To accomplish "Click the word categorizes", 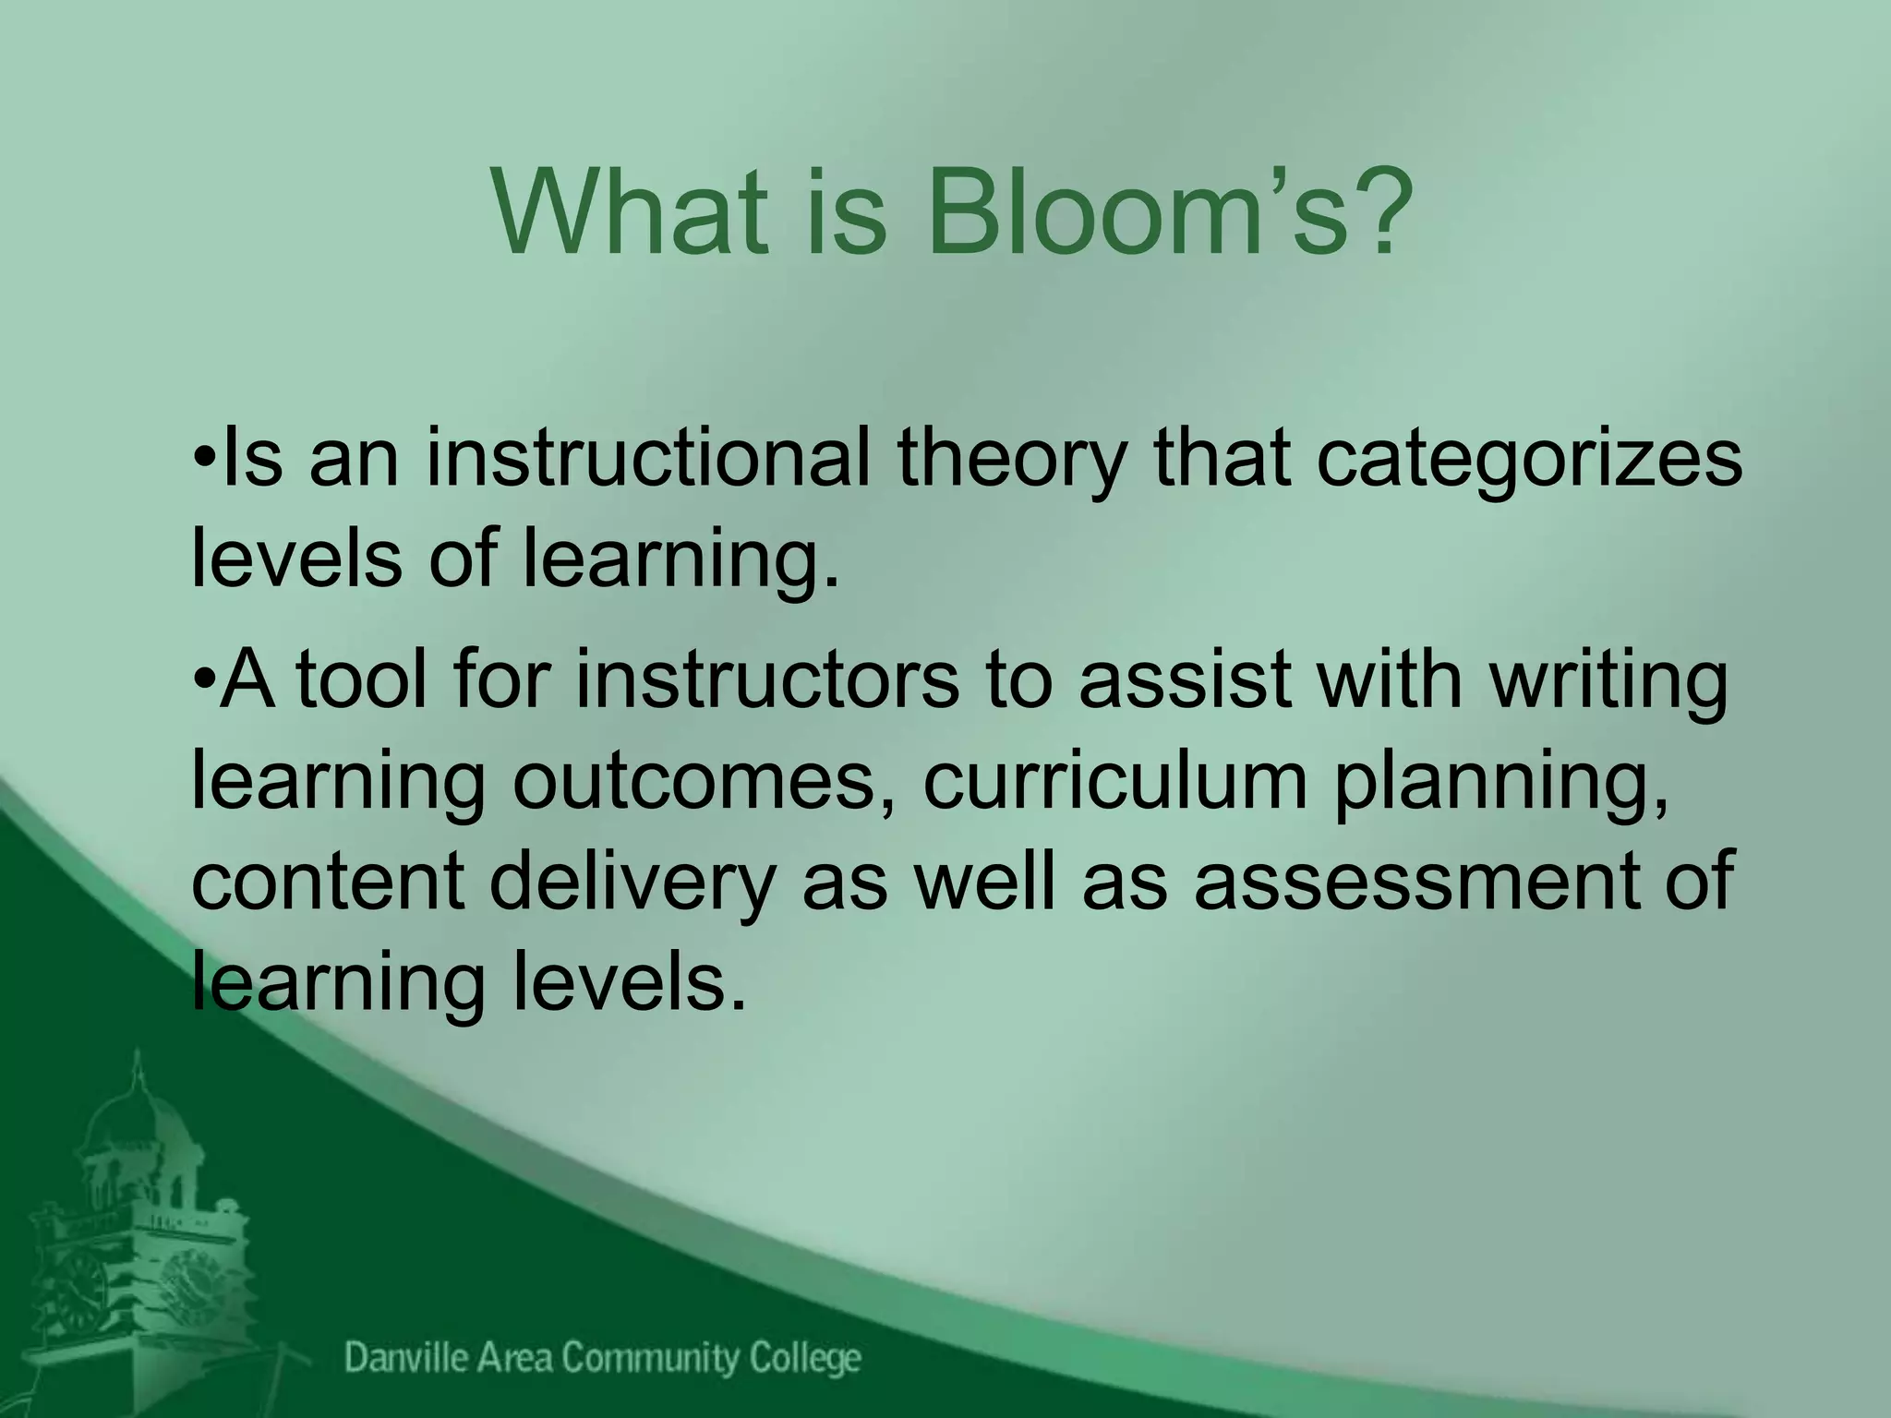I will tap(1529, 462).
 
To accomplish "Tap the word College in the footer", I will tap(804, 1359).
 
